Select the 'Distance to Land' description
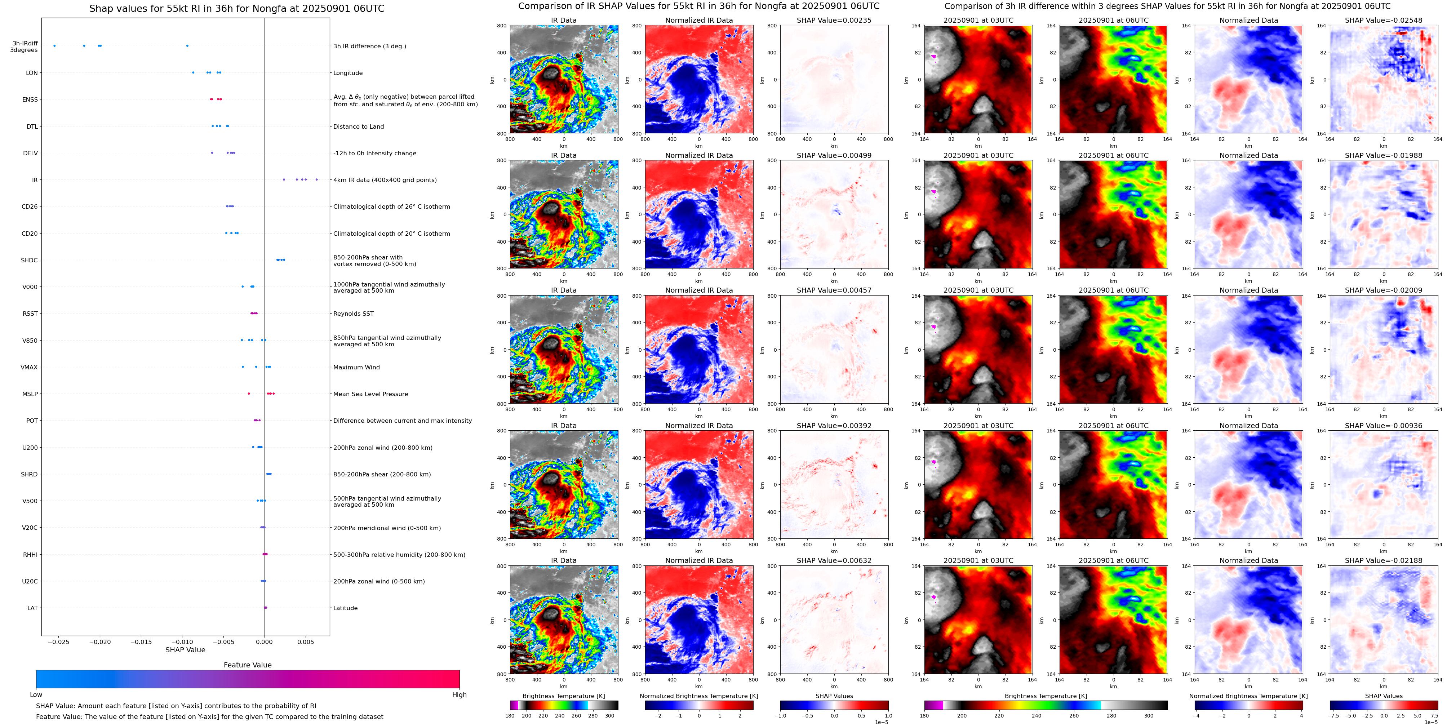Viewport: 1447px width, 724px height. click(358, 126)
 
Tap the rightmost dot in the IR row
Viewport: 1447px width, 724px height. click(316, 180)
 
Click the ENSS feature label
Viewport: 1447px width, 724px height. click(30, 99)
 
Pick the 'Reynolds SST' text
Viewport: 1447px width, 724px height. click(353, 314)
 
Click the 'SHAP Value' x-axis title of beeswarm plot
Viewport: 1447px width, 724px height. click(185, 650)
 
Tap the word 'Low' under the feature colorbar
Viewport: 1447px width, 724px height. click(36, 695)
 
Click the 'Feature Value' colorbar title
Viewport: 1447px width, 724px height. click(247, 665)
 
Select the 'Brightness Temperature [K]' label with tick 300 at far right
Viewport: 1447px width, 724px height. click(1046, 696)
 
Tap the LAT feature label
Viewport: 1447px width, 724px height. click(32, 608)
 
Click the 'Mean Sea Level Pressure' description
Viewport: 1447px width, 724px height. click(371, 394)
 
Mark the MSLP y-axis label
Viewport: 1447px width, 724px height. click(30, 394)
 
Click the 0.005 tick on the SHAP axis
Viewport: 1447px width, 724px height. click(306, 641)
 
